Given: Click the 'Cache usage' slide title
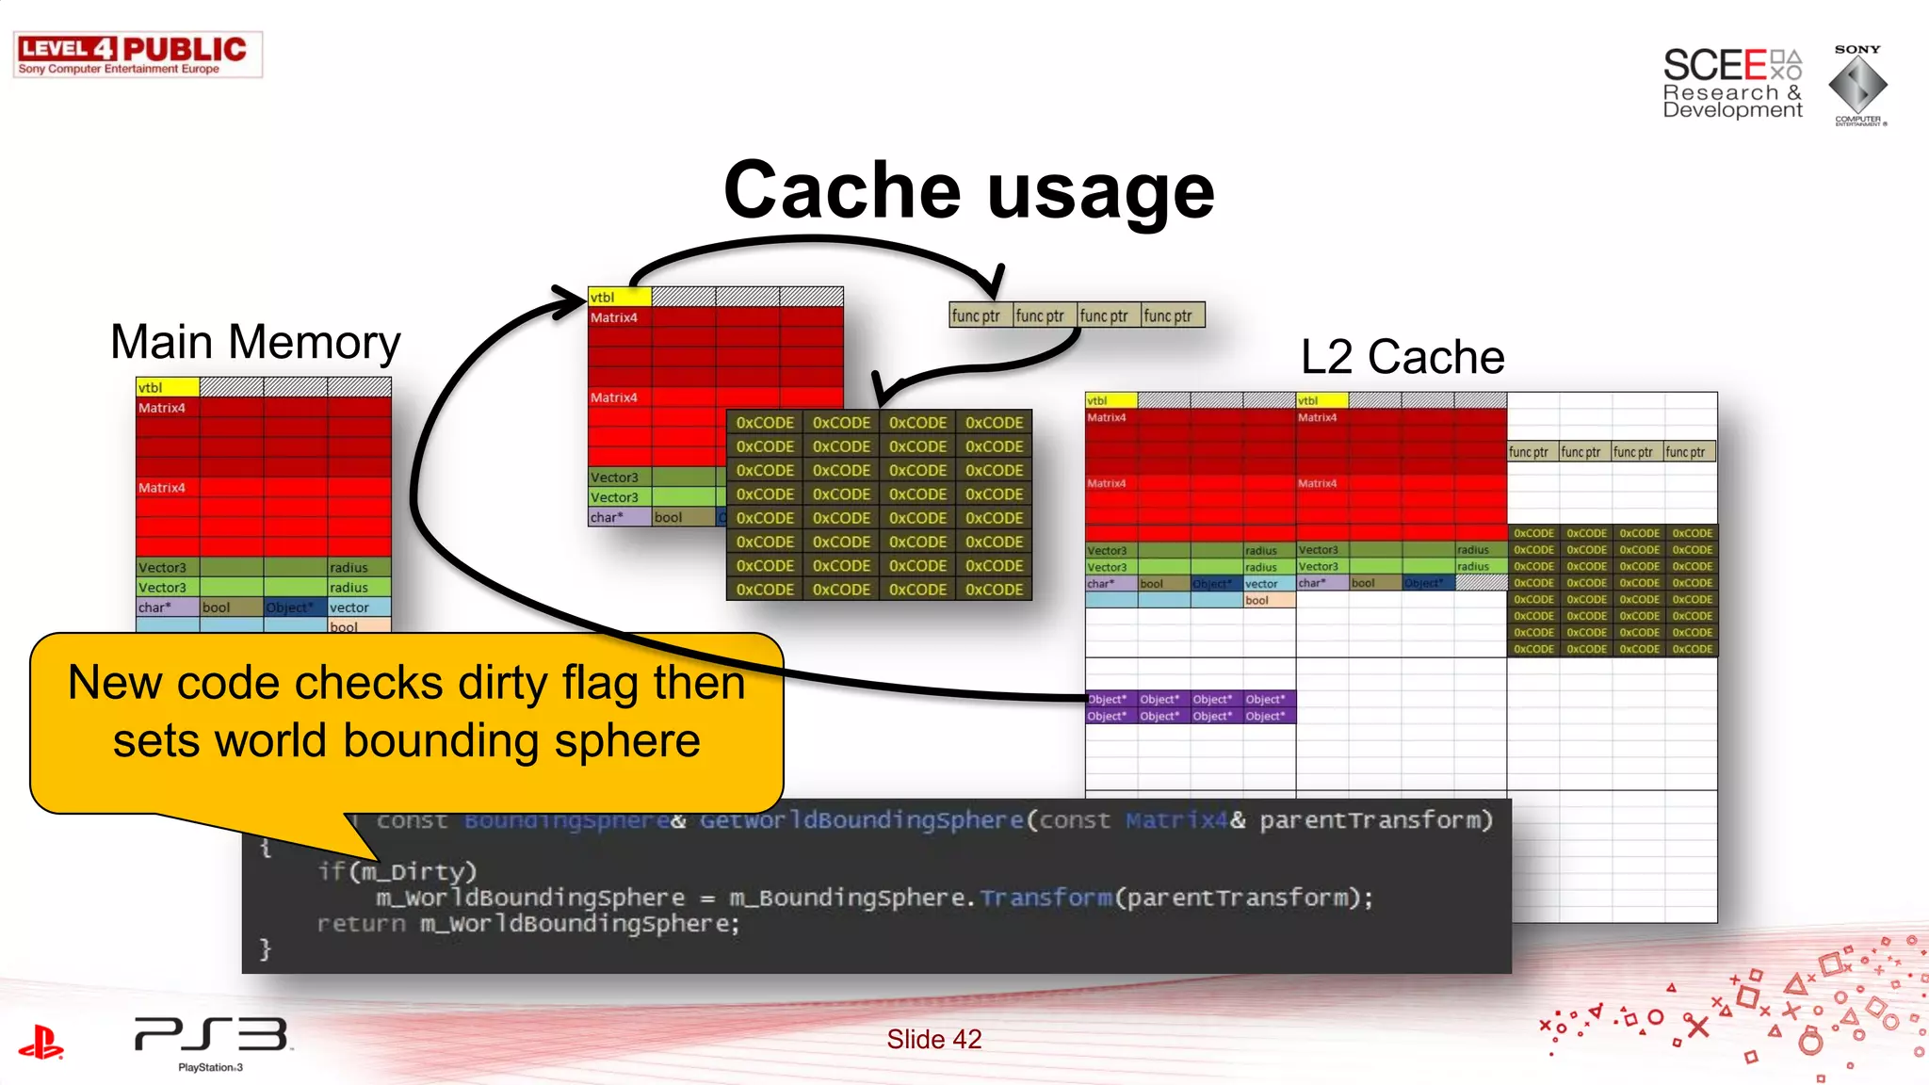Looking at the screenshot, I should click(x=968, y=191).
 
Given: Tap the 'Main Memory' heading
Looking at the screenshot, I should click(x=255, y=342).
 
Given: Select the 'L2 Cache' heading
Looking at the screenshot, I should click(x=1402, y=357).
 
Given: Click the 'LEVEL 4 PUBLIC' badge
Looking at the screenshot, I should click(x=137, y=55).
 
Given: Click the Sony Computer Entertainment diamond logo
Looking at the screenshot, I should click(x=1857, y=86).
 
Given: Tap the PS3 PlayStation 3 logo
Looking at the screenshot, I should click(x=212, y=1041).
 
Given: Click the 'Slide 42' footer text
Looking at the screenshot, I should click(x=933, y=1039).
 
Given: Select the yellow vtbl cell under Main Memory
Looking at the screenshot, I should click(x=168, y=387).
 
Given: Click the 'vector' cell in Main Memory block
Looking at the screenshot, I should click(x=359, y=607).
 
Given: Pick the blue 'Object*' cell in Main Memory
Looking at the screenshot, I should click(x=294, y=607).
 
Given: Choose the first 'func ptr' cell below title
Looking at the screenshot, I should click(x=980, y=316).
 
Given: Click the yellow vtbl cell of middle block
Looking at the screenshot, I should click(x=619, y=297).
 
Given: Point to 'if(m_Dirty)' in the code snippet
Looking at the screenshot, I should click(x=397, y=871).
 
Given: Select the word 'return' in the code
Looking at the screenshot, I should click(x=361, y=924).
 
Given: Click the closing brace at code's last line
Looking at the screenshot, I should click(x=266, y=949).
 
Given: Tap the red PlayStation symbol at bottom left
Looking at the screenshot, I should click(x=41, y=1043).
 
